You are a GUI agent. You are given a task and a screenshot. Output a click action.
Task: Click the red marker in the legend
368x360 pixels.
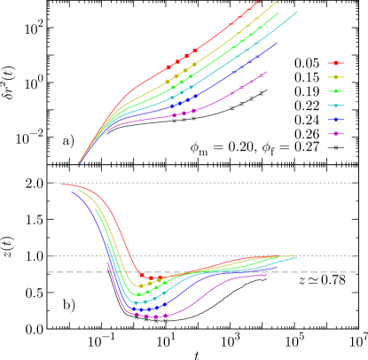point(336,63)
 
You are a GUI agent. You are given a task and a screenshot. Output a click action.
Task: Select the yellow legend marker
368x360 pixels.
point(336,77)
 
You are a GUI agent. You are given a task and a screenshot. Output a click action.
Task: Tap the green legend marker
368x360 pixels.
point(336,91)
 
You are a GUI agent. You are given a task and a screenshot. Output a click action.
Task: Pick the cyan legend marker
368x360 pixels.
point(336,106)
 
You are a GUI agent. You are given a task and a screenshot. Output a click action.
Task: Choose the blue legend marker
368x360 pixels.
point(336,120)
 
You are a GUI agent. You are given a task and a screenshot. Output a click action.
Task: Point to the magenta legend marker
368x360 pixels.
point(336,134)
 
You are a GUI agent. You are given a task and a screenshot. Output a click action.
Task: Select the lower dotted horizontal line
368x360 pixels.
point(328,256)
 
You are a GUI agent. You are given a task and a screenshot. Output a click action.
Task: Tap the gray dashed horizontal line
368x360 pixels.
point(328,272)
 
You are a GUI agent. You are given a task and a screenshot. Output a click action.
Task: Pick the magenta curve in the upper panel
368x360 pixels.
point(213,103)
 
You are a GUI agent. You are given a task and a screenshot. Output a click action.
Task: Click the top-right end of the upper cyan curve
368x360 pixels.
point(297,12)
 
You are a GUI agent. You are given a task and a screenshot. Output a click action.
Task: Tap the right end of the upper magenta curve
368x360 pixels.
point(267,72)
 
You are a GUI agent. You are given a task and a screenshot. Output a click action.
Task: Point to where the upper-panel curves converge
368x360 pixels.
point(80,163)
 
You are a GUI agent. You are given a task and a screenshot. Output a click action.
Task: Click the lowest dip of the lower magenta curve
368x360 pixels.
point(155,317)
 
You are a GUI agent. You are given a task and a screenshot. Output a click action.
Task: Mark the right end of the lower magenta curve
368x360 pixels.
point(267,274)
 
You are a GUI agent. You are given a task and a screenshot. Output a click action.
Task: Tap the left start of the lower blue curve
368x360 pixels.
point(72,191)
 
